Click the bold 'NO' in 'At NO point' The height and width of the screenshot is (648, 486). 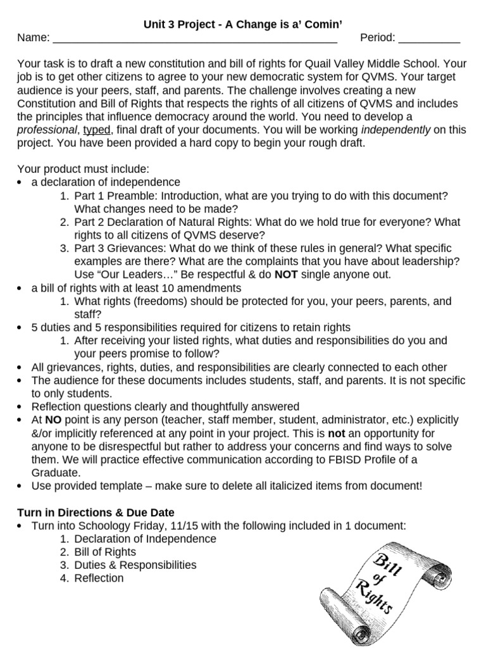pos(53,420)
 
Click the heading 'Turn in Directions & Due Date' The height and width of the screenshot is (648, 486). pos(95,513)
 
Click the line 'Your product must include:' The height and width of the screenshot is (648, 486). pos(83,169)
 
